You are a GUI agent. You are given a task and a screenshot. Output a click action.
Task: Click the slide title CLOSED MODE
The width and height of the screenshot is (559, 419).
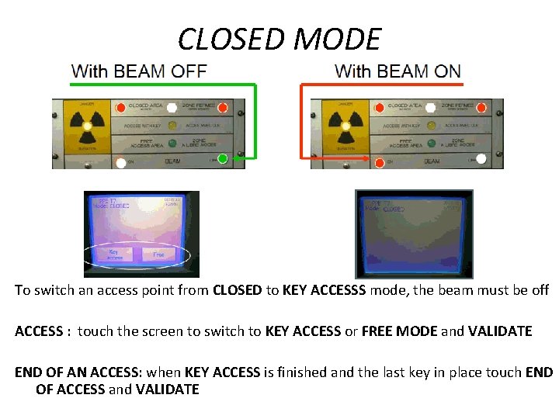279,39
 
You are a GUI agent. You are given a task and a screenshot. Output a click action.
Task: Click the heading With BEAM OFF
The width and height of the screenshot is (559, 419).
139,71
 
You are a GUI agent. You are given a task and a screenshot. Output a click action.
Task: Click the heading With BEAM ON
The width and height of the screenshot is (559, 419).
398,71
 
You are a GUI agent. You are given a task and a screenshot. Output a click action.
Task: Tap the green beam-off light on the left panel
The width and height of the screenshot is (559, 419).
223,160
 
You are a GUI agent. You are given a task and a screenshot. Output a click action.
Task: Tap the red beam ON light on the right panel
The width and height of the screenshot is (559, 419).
379,163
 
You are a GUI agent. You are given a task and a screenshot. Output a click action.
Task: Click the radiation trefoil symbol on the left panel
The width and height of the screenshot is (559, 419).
88,126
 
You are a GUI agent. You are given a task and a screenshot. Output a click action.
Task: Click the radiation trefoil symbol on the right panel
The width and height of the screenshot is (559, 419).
346,126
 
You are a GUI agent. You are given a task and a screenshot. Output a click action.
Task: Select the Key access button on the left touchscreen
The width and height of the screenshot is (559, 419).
113,255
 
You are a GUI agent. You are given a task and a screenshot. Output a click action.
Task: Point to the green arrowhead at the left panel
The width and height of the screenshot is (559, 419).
239,161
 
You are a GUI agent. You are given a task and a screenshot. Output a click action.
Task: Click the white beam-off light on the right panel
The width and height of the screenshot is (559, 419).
481,159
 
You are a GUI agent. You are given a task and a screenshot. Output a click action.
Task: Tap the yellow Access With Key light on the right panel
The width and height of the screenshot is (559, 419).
429,124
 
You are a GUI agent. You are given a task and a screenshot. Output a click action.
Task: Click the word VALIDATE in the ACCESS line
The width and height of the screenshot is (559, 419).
495,331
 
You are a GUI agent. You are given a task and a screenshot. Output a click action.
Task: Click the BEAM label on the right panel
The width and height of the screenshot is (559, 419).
432,162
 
